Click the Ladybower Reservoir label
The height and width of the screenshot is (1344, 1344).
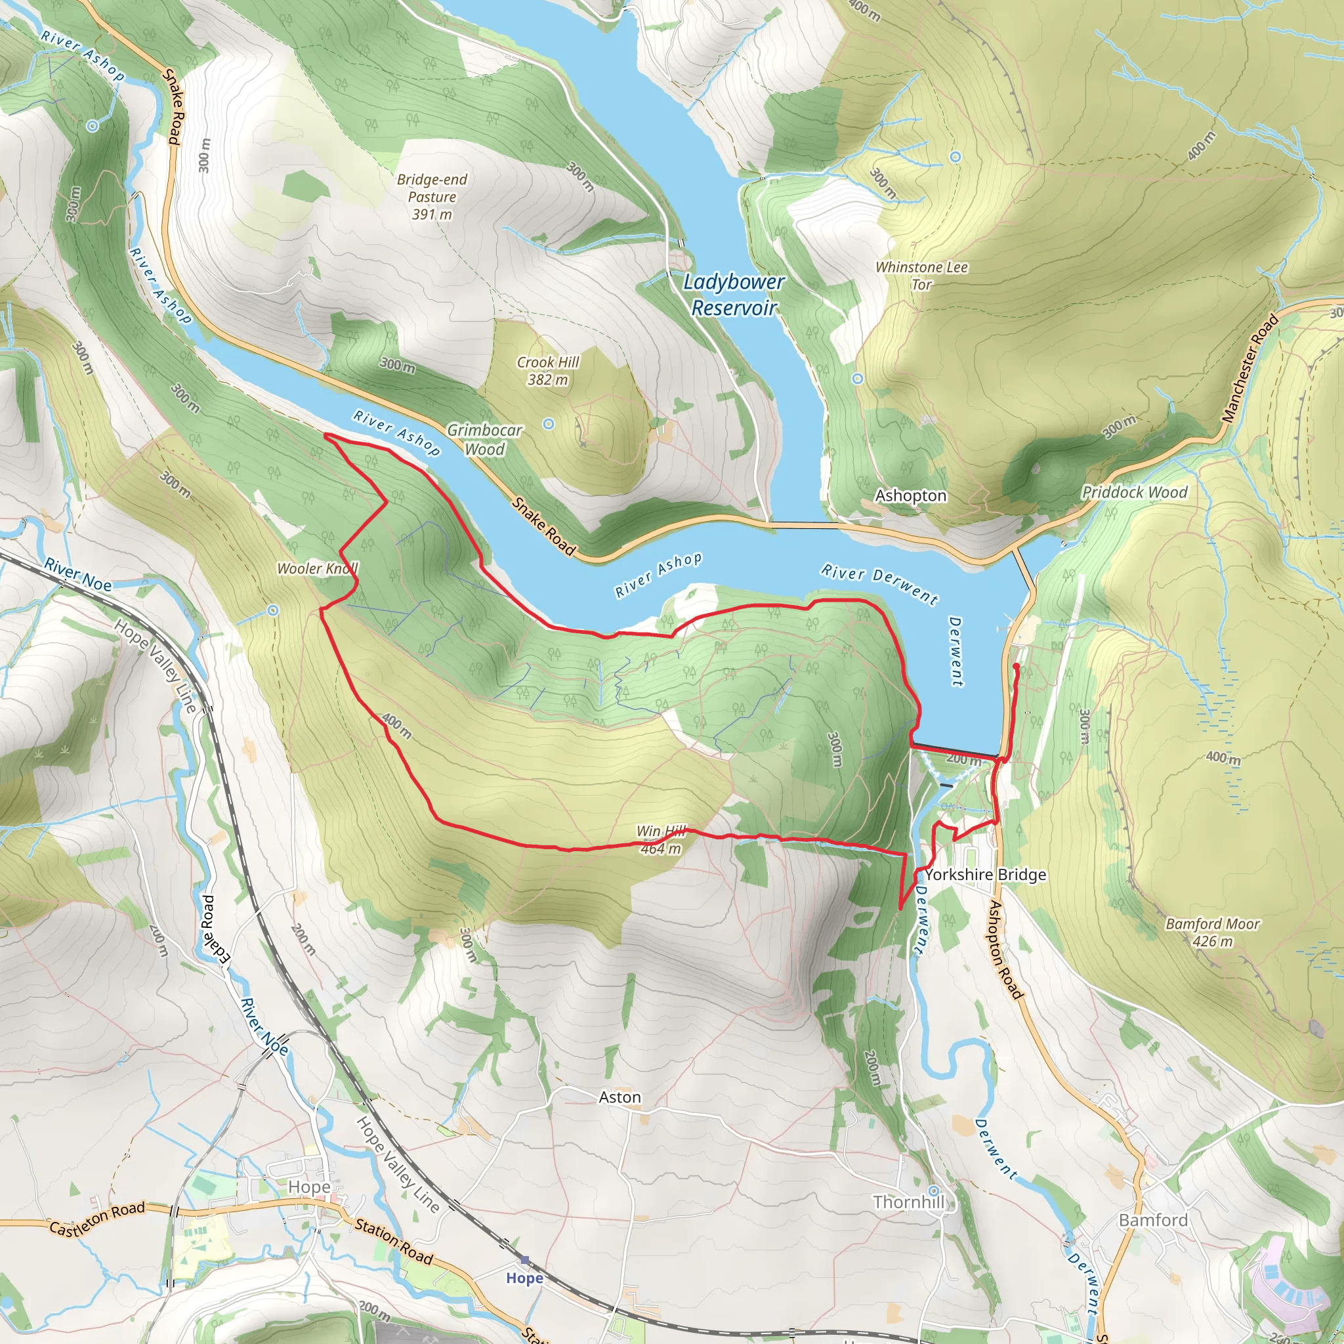point(733,294)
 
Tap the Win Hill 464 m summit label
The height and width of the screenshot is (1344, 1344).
point(661,839)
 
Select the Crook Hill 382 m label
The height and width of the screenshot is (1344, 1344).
point(547,371)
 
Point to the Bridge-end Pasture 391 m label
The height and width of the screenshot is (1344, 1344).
point(431,197)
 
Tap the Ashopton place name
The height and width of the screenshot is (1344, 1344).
point(911,496)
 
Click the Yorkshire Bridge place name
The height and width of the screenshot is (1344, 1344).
point(985,874)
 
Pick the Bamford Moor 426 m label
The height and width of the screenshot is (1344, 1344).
point(1213,932)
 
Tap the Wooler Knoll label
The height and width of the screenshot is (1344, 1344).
point(317,568)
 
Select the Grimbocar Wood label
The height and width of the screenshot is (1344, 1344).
point(484,440)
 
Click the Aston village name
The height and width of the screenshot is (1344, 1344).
point(619,1098)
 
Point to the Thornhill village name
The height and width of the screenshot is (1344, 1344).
point(908,1202)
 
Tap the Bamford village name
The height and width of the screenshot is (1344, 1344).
point(1152,1220)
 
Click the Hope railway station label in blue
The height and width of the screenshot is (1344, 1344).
point(524,1278)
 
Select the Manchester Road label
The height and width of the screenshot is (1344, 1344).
point(1250,368)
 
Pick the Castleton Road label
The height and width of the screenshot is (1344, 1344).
point(96,1219)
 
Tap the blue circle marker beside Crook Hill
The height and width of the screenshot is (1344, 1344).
point(548,423)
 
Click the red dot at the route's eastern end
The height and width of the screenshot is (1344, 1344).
point(1016,667)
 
